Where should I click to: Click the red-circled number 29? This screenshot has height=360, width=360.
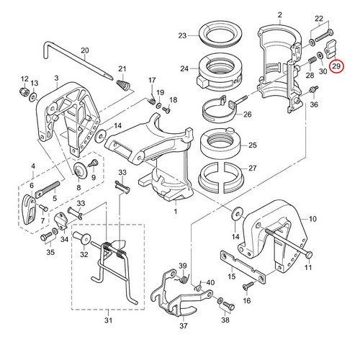[x=337, y=68]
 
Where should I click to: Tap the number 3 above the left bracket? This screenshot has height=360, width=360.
[x=56, y=76]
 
